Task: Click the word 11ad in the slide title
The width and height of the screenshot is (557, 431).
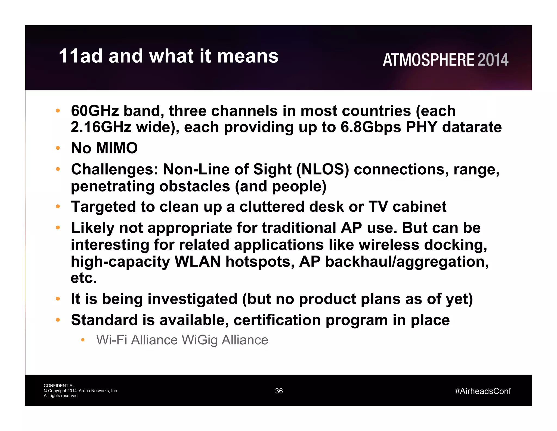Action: tap(81, 56)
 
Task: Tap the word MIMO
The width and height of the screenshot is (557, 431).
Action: tap(117, 148)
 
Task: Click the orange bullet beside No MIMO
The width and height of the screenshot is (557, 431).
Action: tap(58, 148)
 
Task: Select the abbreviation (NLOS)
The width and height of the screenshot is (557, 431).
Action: tap(323, 169)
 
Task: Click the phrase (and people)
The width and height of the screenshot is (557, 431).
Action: tap(280, 186)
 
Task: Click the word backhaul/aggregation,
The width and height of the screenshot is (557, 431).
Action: tap(407, 262)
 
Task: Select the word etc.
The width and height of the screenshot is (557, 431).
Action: tap(83, 278)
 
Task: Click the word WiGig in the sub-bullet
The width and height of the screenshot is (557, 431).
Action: tap(200, 340)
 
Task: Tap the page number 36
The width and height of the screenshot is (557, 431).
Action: tap(279, 391)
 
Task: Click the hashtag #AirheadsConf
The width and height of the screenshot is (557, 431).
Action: tap(483, 391)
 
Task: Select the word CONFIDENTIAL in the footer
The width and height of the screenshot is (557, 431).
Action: tap(59, 386)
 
